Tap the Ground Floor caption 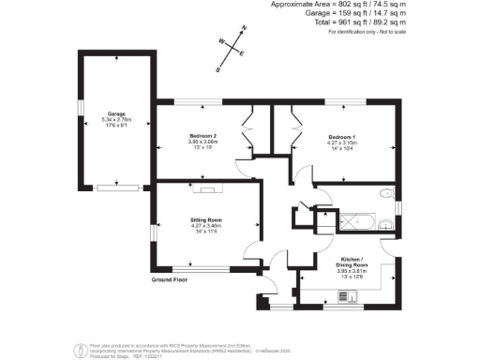[x=170, y=279]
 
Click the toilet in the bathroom [x=386, y=195]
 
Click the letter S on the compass [x=217, y=68]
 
